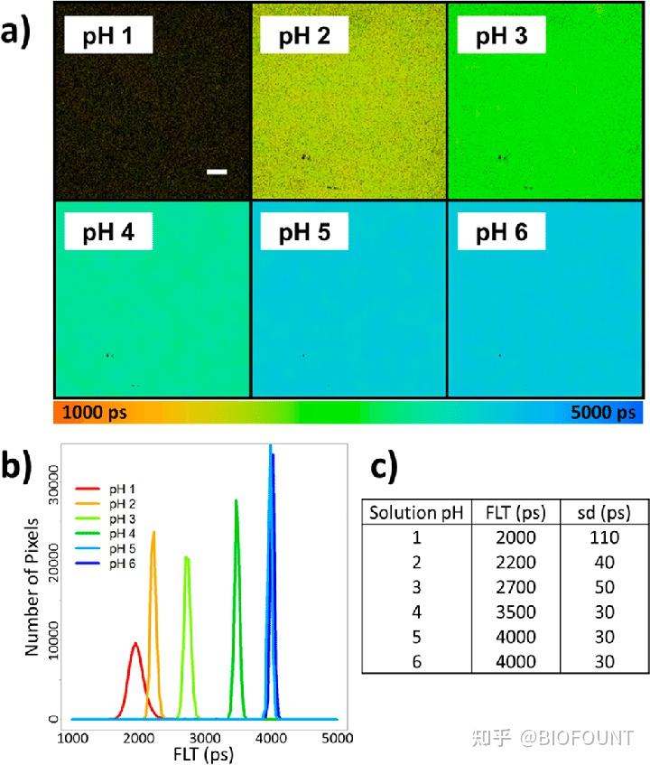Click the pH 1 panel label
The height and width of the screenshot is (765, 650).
point(107,37)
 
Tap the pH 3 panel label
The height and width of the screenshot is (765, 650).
point(502,37)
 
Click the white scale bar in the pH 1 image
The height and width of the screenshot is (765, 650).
point(217,171)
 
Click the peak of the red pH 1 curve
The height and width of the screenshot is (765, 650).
point(135,644)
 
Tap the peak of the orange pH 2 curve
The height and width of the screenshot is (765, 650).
point(153,532)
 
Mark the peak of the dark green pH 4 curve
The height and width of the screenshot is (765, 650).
point(236,500)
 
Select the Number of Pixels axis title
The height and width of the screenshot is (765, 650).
point(32,587)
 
